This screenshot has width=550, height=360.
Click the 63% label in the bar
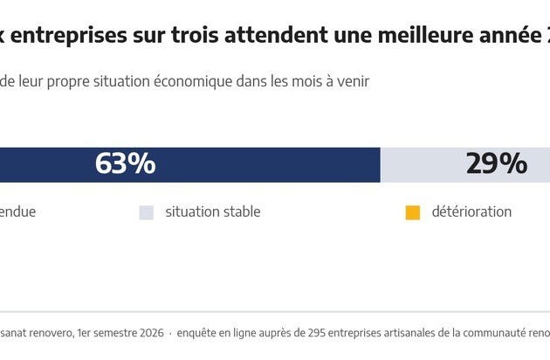pyautogui.click(x=125, y=163)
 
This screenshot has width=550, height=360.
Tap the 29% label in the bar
pyautogui.click(x=497, y=163)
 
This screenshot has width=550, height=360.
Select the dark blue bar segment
pyautogui.click(x=190, y=165)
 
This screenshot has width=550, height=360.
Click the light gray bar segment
pyautogui.click(x=465, y=165)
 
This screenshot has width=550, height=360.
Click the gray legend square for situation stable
pyautogui.click(x=147, y=213)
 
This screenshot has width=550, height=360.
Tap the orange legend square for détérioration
pyautogui.click(x=412, y=213)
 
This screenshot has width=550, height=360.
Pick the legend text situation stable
pyautogui.click(x=213, y=211)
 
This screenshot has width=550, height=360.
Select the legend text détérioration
pyautogui.click(x=471, y=211)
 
